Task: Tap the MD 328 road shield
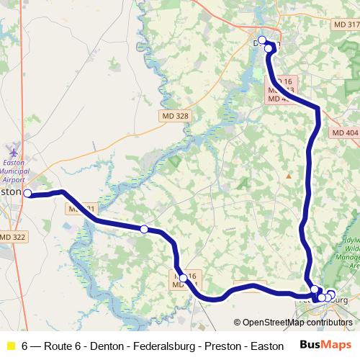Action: (172, 115)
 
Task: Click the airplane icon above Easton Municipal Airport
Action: (13, 151)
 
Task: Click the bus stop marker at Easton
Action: (27, 193)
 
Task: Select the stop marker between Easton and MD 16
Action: (144, 229)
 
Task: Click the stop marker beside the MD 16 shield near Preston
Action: (183, 278)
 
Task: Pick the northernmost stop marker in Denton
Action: (262, 40)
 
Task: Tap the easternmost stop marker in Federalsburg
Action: (331, 294)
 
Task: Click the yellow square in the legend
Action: (10, 346)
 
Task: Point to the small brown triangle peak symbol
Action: (288, 175)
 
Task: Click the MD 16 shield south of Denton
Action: (285, 82)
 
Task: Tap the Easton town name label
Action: (11, 193)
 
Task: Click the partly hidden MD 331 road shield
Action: (81, 209)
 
